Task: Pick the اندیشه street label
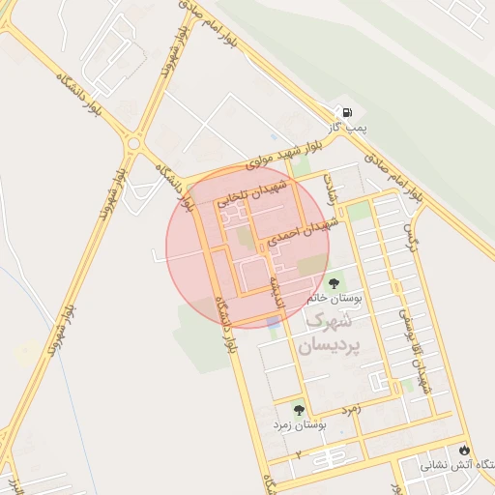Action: tap(276, 288)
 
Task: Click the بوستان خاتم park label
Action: tap(335, 299)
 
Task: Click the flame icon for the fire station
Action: tap(466, 451)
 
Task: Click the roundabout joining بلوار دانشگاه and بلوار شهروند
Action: tap(133, 144)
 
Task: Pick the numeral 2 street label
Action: tap(299, 454)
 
